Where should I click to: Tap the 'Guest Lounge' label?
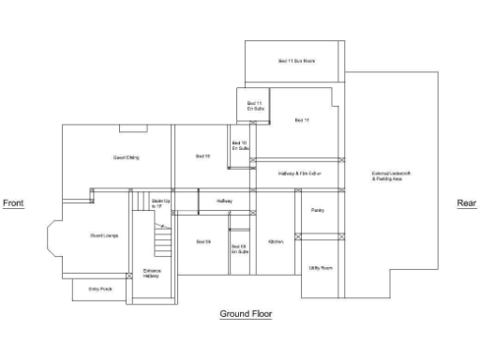(104, 234)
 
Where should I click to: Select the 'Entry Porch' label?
(100, 289)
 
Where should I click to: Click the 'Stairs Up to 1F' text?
(160, 202)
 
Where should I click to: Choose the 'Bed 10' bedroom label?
(202, 156)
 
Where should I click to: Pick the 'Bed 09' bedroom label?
(202, 242)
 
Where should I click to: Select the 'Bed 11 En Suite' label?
(254, 106)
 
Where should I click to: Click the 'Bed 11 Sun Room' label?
(296, 61)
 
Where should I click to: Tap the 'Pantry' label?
(317, 210)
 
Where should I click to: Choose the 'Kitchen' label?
(276, 242)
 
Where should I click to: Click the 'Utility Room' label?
(321, 268)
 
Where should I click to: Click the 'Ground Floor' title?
(246, 313)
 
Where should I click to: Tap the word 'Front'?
(13, 202)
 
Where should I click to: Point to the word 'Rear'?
(466, 202)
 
